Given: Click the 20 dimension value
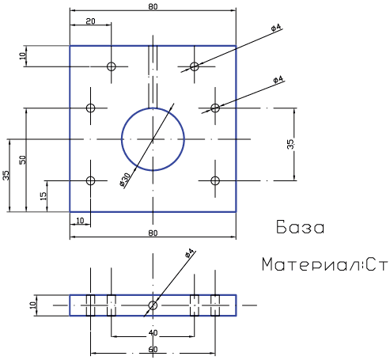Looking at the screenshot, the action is (90, 21).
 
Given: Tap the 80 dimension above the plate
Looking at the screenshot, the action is (153, 6).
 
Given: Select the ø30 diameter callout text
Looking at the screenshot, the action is (125, 180).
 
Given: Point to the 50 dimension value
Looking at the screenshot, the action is (23, 160).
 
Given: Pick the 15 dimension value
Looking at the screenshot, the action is (44, 196).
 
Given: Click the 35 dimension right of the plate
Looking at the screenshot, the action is (290, 144).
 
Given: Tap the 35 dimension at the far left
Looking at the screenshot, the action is (6, 176).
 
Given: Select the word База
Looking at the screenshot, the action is (301, 227).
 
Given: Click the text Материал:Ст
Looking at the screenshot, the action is (325, 264).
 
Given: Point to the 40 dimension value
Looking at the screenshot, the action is (153, 333).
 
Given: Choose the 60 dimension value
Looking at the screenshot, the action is (153, 350).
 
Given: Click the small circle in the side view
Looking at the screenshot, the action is (153, 305).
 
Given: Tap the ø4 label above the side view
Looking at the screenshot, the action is (190, 253).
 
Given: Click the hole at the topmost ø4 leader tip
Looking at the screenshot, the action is (195, 66).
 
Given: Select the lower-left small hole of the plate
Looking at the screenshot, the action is (91, 180).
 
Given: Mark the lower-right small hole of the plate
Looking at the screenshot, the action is (215, 180).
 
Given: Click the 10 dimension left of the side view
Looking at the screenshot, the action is (33, 305).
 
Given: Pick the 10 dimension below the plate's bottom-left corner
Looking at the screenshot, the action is (80, 221).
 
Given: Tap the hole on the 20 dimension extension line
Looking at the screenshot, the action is (112, 66).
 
